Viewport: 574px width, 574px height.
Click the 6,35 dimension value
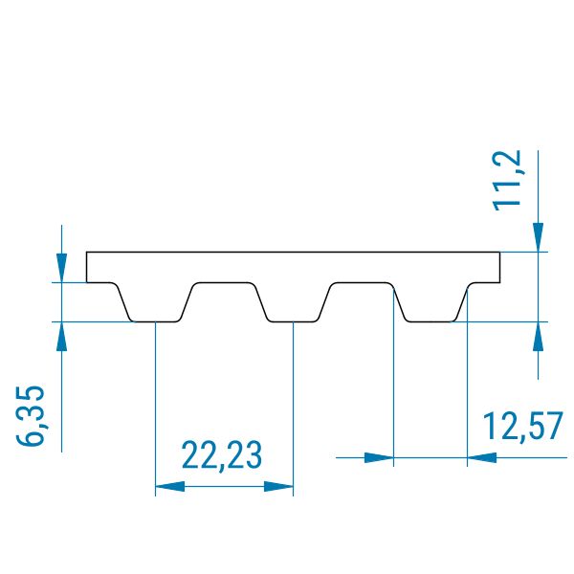tap(31, 415)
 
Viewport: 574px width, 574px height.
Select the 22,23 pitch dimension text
tap(222, 455)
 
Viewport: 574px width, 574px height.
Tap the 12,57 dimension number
tap(523, 426)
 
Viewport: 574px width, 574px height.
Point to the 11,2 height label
tap(507, 181)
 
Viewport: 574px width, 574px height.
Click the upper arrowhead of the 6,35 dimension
tap(61, 268)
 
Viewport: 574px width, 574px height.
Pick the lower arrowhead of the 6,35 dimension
tap(61, 337)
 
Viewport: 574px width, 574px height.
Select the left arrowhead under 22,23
tap(170, 487)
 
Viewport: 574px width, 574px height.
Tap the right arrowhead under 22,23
tap(278, 487)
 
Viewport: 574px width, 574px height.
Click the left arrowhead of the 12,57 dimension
tap(379, 457)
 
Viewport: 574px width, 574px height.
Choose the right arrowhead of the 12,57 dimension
tap(482, 457)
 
